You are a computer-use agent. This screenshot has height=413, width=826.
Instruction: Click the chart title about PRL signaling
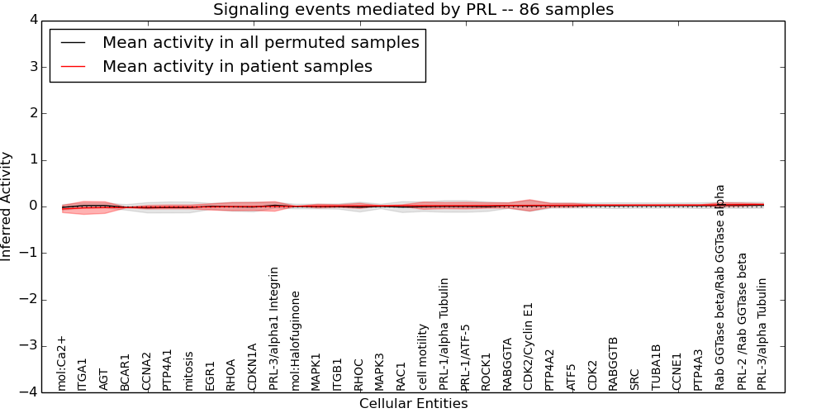pos(413,10)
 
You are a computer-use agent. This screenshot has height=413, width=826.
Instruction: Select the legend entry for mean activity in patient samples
pos(237,67)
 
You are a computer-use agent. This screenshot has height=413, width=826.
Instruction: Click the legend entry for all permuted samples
pos(260,42)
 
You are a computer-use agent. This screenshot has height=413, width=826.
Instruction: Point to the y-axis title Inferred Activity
pos(7,206)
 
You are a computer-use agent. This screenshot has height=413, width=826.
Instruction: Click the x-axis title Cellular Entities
pos(413,404)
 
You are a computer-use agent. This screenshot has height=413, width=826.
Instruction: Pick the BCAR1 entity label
pos(126,373)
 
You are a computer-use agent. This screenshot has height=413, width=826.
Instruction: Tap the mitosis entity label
pos(189,371)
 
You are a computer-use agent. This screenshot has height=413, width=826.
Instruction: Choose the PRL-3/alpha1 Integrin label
pos(274,328)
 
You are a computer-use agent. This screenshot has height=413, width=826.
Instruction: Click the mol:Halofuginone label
pos(296,340)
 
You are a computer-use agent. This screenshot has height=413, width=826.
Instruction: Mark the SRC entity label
pos(635,378)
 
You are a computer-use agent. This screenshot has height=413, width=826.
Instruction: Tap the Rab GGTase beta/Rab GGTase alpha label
pos(720,287)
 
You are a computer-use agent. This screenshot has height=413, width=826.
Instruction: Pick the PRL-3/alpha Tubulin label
pos(762,334)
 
